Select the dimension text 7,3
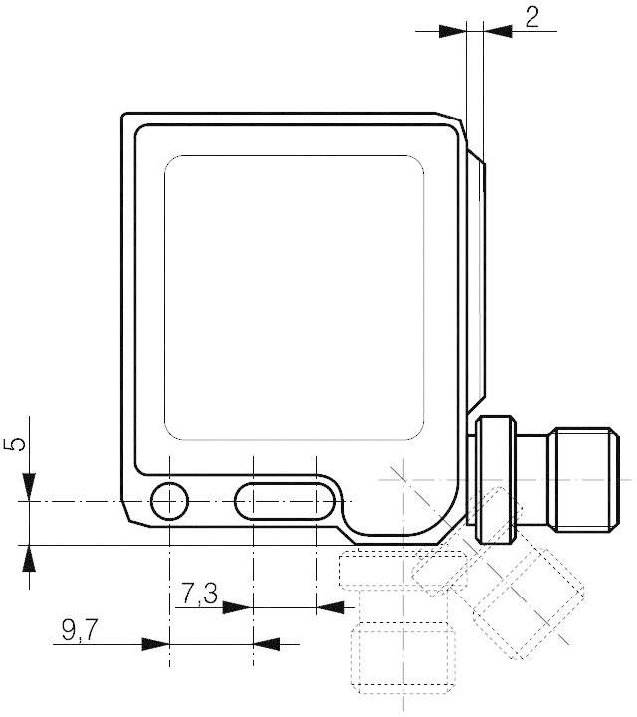[x=198, y=595]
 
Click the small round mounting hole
[x=169, y=500]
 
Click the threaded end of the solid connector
[x=581, y=477]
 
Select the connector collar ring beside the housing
[x=495, y=477]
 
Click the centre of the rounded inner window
[x=294, y=298]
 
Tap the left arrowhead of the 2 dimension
[x=454, y=32]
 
